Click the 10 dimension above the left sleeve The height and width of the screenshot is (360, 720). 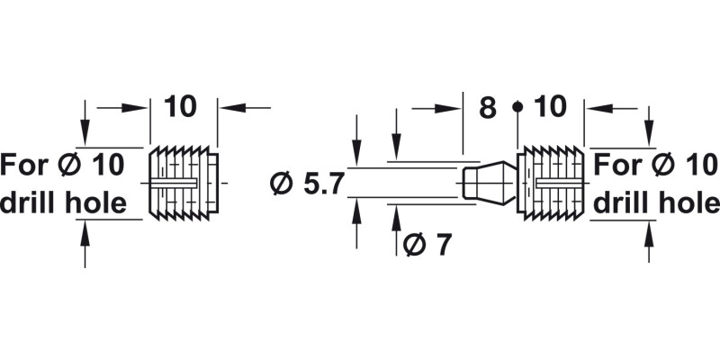click(x=181, y=106)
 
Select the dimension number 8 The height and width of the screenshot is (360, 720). click(x=487, y=108)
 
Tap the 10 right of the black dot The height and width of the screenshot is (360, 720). click(x=550, y=107)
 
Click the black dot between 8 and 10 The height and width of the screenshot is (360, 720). click(x=517, y=107)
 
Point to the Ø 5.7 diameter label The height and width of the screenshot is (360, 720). click(x=307, y=184)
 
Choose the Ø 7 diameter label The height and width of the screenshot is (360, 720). click(x=427, y=244)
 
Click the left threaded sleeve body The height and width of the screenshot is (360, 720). click(x=182, y=183)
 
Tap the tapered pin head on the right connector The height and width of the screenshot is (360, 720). click(x=490, y=182)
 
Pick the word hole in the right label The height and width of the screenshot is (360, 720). click(x=689, y=203)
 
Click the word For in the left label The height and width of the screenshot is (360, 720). click(x=23, y=166)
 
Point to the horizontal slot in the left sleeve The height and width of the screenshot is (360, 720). click(x=175, y=183)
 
